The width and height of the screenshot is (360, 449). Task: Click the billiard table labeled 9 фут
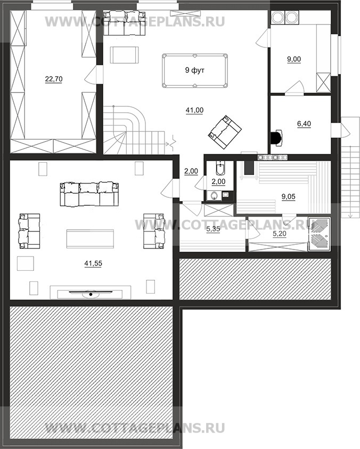pyautogui.click(x=195, y=70)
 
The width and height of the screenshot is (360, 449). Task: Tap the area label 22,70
pyautogui.click(x=54, y=79)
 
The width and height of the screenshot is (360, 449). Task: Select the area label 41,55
pyautogui.click(x=93, y=263)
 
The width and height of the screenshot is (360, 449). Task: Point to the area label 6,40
pyautogui.click(x=304, y=124)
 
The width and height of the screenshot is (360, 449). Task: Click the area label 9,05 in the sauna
pyautogui.click(x=288, y=197)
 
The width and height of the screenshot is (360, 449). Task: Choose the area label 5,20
pyautogui.click(x=279, y=234)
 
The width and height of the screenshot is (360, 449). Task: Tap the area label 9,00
pyautogui.click(x=294, y=59)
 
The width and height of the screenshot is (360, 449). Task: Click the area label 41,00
pyautogui.click(x=194, y=110)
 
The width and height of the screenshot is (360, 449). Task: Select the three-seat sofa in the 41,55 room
pyautogui.click(x=89, y=194)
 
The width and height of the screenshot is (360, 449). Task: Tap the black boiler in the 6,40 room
pyautogui.click(x=276, y=137)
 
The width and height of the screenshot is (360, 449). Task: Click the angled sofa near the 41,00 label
pyautogui.click(x=224, y=132)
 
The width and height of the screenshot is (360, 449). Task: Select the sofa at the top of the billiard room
pyautogui.click(x=124, y=23)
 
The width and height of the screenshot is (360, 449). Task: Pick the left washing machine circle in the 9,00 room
pyautogui.click(x=277, y=17)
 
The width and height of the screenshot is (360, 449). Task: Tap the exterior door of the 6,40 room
pyautogui.click(x=340, y=130)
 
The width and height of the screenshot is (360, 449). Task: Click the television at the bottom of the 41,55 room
pyautogui.click(x=91, y=293)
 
